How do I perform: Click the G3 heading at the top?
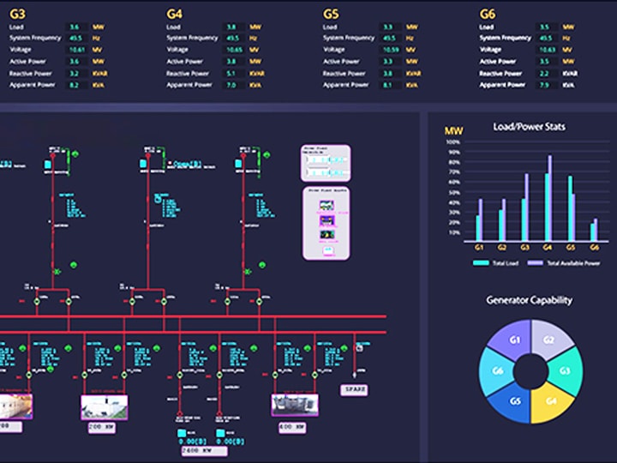point(16,14)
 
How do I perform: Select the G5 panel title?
point(331,14)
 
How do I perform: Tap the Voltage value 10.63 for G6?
point(544,50)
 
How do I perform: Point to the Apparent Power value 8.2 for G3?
point(75,85)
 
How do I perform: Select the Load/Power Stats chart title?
point(529,127)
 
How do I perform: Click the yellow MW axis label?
point(453,131)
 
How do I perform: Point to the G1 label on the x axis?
point(480,247)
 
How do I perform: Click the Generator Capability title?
point(529,300)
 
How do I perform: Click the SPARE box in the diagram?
point(355,388)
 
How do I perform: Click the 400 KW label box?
point(291,426)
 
